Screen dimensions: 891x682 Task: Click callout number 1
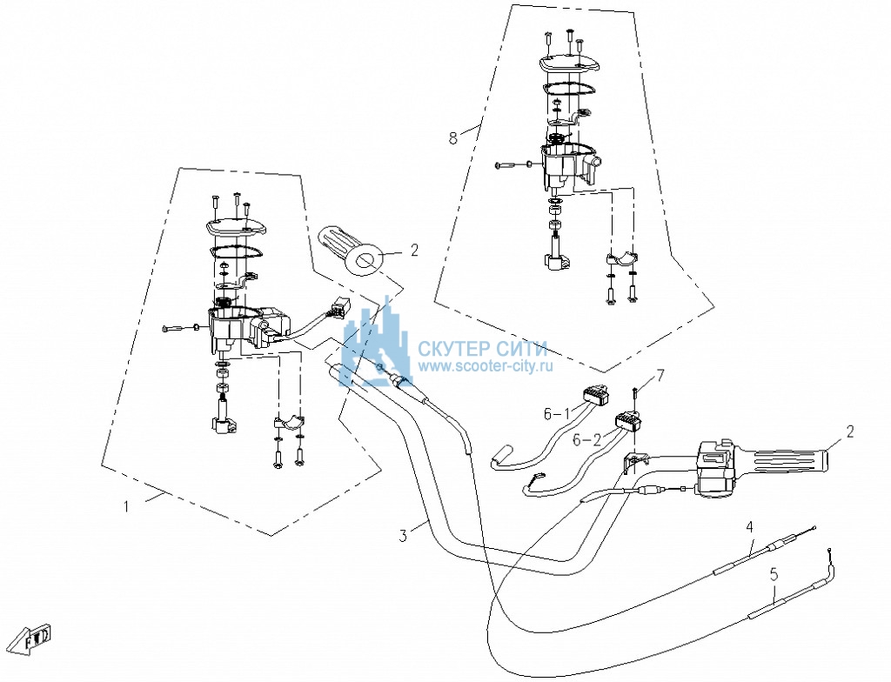click(127, 505)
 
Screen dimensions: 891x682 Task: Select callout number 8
click(452, 138)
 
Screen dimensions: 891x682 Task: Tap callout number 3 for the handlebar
click(403, 535)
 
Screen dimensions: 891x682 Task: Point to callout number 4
click(749, 527)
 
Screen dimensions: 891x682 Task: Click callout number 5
click(774, 574)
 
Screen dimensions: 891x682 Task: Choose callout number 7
click(660, 375)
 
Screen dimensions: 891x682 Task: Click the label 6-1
click(557, 414)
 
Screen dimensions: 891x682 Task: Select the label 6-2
click(586, 439)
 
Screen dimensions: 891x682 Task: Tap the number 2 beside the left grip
click(414, 250)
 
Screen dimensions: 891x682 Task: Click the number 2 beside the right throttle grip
click(850, 431)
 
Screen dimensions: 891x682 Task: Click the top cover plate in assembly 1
click(237, 228)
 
